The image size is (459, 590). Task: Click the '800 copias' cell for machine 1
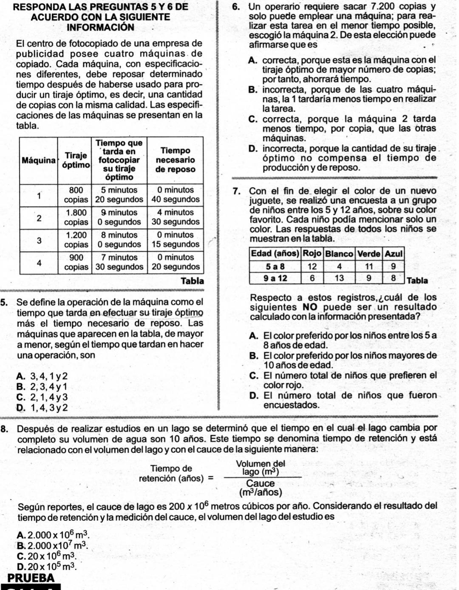tap(76, 194)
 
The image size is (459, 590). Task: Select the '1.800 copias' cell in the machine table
tap(76, 217)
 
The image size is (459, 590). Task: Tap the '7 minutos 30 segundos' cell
tap(119, 262)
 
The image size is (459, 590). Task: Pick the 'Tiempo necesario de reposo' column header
tap(176, 160)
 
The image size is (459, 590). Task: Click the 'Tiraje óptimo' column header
tap(76, 160)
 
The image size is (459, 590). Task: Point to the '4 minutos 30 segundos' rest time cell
tap(176, 217)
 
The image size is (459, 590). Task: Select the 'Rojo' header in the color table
tap(312, 253)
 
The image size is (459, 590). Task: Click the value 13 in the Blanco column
tap(339, 278)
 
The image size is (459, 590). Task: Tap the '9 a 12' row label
tap(275, 278)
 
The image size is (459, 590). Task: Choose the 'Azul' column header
tap(393, 253)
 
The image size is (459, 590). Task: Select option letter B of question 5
tap(20, 387)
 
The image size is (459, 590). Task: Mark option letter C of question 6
tap(253, 119)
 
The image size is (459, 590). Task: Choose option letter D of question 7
tap(254, 396)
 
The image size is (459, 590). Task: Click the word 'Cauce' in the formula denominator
tap(260, 483)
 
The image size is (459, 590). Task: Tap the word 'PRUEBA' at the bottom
tap(31, 578)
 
